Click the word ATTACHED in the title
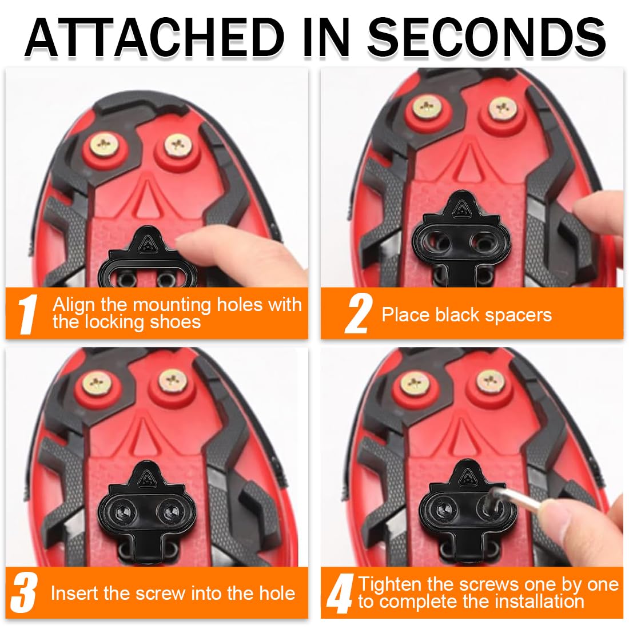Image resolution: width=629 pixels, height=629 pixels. coord(154,37)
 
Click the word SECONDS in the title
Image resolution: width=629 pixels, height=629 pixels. coord(486,37)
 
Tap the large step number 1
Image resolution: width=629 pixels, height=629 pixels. coord(28,314)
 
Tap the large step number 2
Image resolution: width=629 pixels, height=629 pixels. coord(358,314)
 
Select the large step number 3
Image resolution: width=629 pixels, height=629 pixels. coord(25,592)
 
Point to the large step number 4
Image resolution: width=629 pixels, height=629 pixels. coord(340,594)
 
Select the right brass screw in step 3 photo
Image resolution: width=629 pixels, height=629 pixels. coord(173,381)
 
